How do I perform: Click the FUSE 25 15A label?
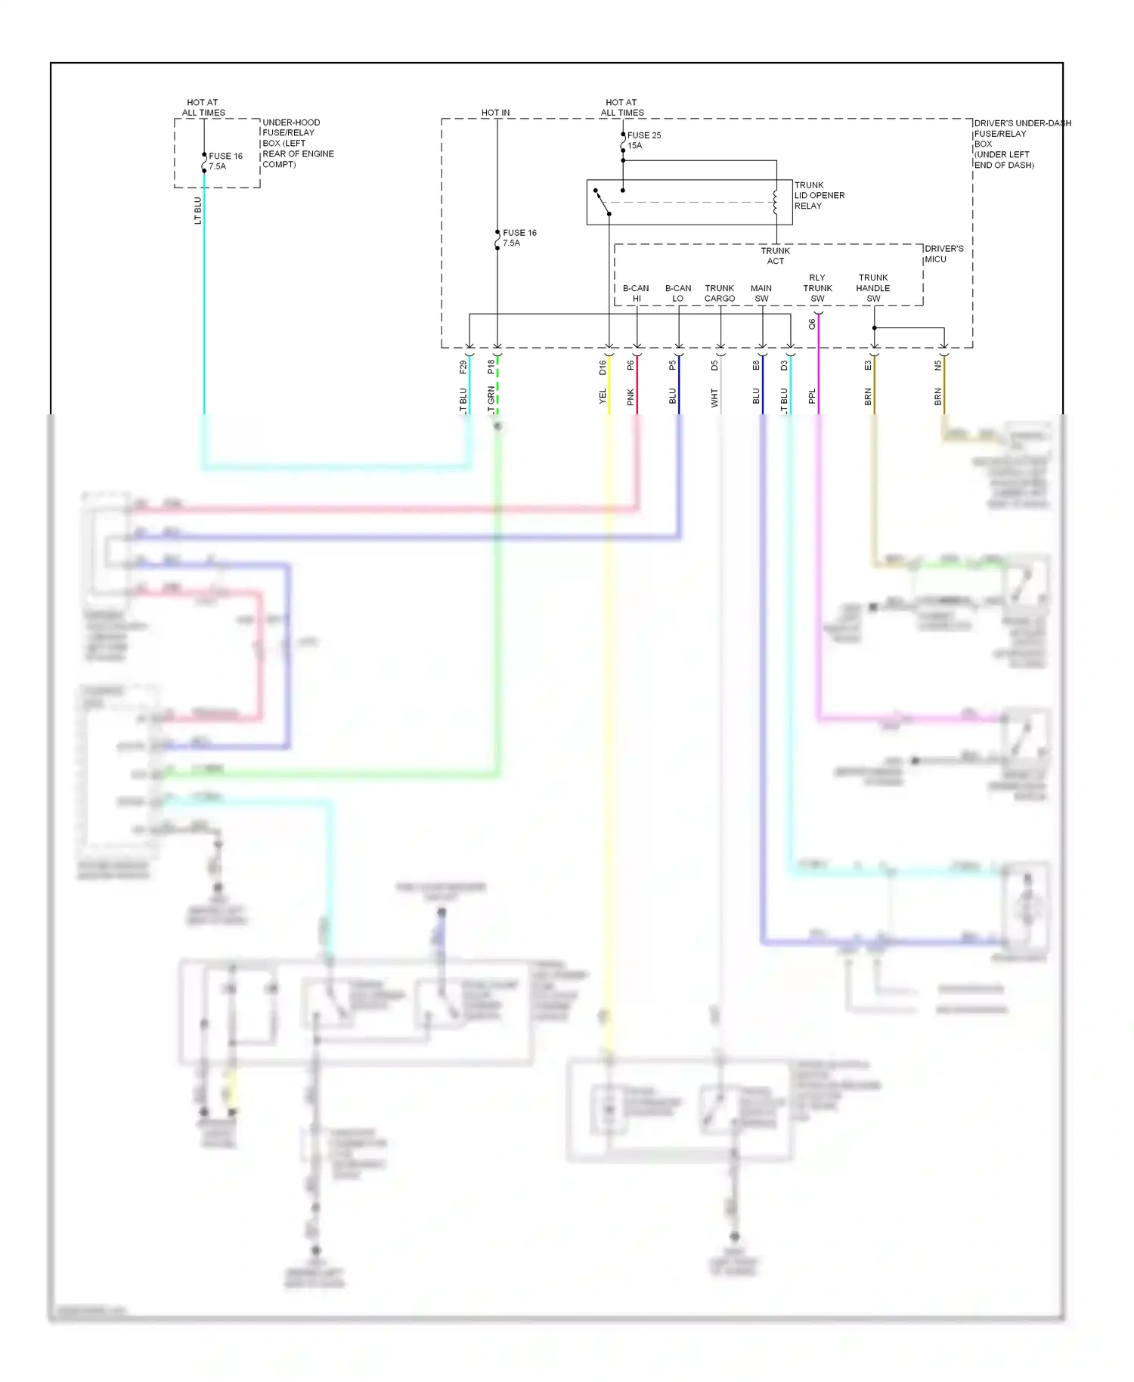click(643, 141)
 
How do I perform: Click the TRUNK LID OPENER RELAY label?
click(819, 195)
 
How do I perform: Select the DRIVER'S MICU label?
click(943, 254)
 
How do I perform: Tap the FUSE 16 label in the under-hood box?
click(225, 161)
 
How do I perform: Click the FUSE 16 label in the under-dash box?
click(519, 238)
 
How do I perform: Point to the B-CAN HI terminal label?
click(636, 293)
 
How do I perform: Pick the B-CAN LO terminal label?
click(678, 293)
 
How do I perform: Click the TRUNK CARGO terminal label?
click(720, 293)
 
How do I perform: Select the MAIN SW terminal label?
click(761, 293)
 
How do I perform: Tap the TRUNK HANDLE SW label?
click(873, 288)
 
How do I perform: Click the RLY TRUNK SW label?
click(817, 288)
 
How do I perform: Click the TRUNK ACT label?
click(775, 256)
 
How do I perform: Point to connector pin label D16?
click(603, 367)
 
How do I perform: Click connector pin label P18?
click(491, 367)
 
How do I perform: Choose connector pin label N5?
click(937, 365)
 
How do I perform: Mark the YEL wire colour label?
click(603, 397)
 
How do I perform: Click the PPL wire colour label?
click(812, 397)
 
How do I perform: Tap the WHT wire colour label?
click(714, 398)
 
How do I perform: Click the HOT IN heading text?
click(495, 113)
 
